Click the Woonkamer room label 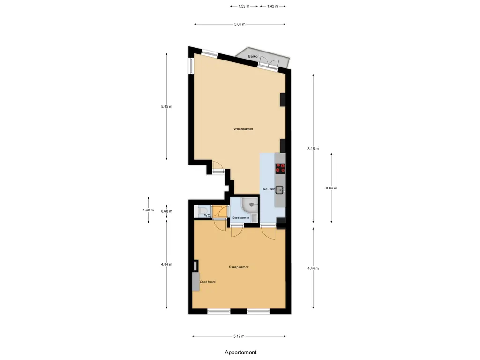[243, 129]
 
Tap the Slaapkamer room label [239, 267]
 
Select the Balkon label [254, 56]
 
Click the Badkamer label [241, 217]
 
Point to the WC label [207, 215]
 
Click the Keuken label [269, 189]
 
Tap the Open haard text [208, 282]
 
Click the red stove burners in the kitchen [280, 168]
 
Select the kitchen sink [279, 190]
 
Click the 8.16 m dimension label [313, 149]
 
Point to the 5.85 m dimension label [166, 106]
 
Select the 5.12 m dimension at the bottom [239, 336]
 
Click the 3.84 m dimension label [331, 188]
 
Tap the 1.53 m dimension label [244, 6]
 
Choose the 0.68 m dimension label [166, 211]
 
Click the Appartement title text [240, 352]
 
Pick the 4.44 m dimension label [313, 268]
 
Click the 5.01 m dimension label [240, 24]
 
